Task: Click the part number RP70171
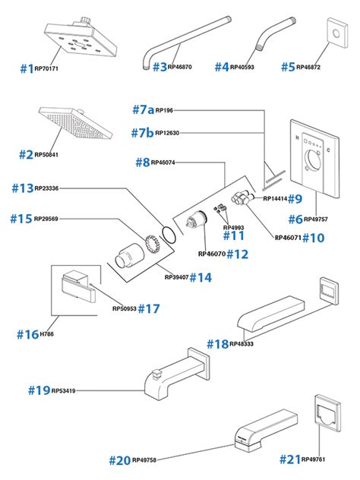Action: (46, 68)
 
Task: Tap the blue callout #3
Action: (159, 67)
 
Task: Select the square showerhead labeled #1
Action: (81, 39)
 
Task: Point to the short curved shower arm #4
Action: (275, 34)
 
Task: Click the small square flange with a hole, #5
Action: (338, 33)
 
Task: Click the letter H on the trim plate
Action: (297, 138)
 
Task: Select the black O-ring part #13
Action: (169, 235)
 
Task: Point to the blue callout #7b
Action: (142, 133)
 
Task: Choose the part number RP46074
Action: (163, 163)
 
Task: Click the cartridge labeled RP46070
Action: (197, 220)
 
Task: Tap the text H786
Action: (47, 334)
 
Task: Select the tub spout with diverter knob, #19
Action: (177, 374)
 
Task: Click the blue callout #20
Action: (120, 460)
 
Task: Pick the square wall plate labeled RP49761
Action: (328, 413)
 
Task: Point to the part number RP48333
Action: (242, 344)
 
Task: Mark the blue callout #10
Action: (313, 238)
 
